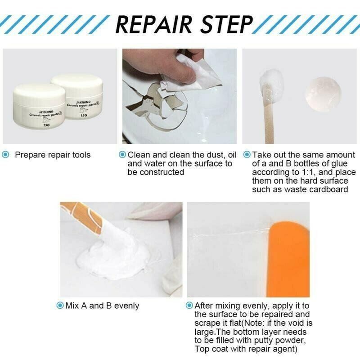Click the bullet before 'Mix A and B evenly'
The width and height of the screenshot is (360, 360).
[x=60, y=306]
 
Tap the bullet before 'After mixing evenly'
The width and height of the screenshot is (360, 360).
[x=189, y=306]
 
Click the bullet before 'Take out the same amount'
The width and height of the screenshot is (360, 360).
[x=247, y=155]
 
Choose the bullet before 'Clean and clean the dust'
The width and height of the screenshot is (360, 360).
[x=122, y=155]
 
